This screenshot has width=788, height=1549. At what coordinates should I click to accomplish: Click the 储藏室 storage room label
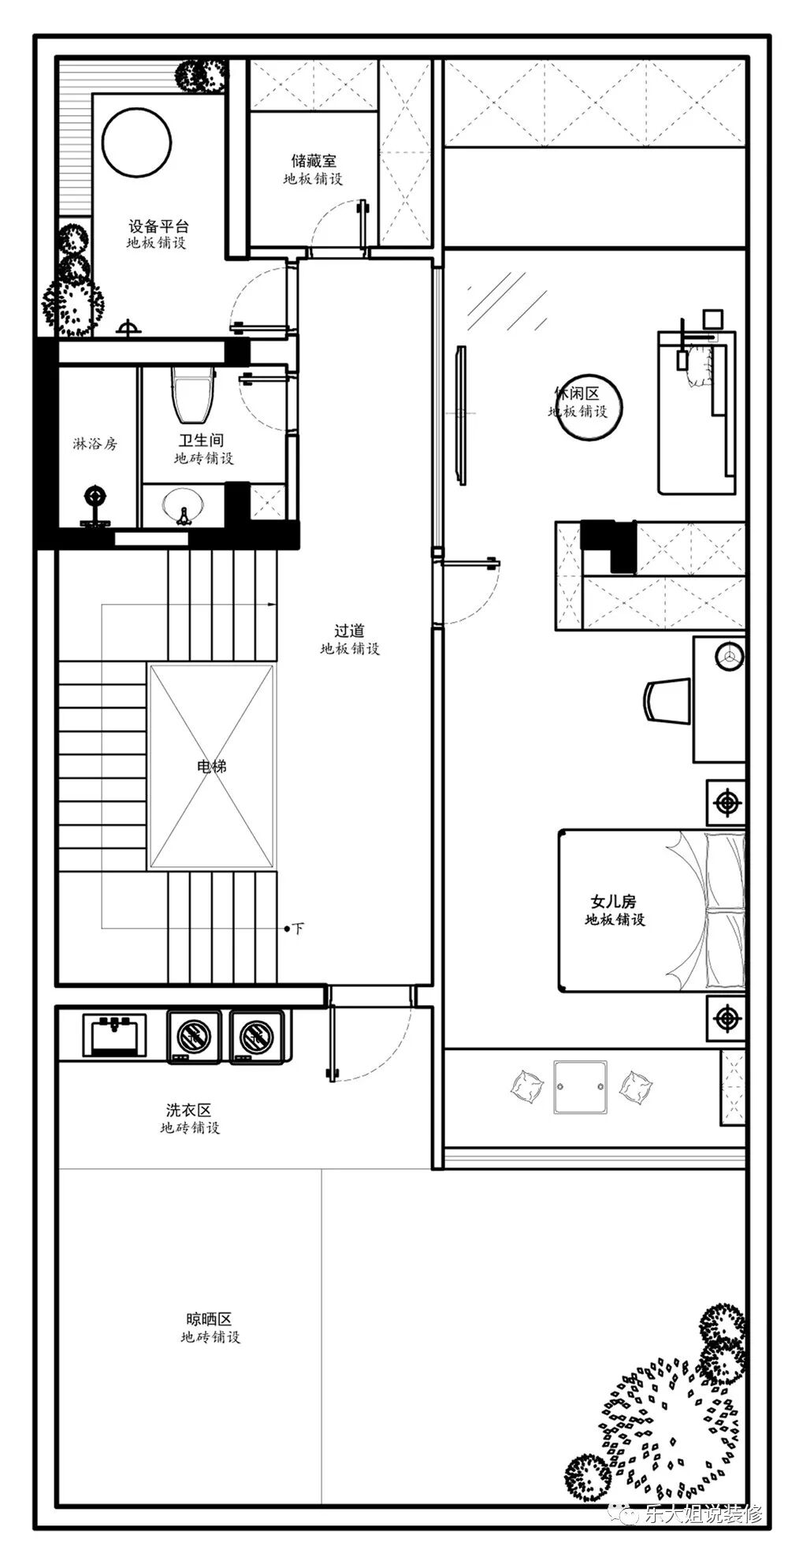pyautogui.click(x=314, y=161)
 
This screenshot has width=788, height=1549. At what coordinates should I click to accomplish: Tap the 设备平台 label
pyautogui.click(x=158, y=226)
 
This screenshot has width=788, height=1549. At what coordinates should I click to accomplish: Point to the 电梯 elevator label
pyautogui.click(x=212, y=765)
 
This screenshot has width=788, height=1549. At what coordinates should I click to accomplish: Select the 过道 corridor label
pyautogui.click(x=349, y=631)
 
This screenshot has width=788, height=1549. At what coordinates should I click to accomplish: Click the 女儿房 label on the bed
pyautogui.click(x=613, y=901)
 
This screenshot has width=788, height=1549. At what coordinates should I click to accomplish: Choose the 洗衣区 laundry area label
pyautogui.click(x=189, y=1110)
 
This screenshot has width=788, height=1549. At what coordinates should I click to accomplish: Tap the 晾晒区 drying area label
pyautogui.click(x=209, y=1319)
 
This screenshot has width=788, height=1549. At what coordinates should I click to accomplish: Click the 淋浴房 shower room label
pyautogui.click(x=95, y=444)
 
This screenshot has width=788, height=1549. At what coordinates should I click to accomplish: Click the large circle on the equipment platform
pyautogui.click(x=136, y=143)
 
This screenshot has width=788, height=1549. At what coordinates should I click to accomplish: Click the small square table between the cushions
pyautogui.click(x=581, y=1087)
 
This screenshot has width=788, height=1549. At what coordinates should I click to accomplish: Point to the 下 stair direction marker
pyautogui.click(x=298, y=929)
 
